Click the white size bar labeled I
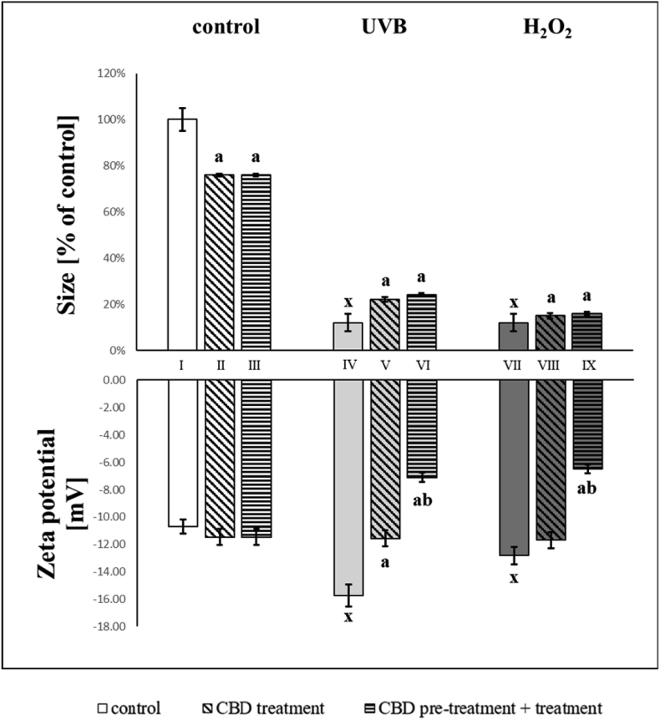[x=182, y=234]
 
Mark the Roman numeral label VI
[x=422, y=365]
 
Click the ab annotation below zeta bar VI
[x=422, y=501]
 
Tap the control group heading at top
[x=226, y=26]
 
